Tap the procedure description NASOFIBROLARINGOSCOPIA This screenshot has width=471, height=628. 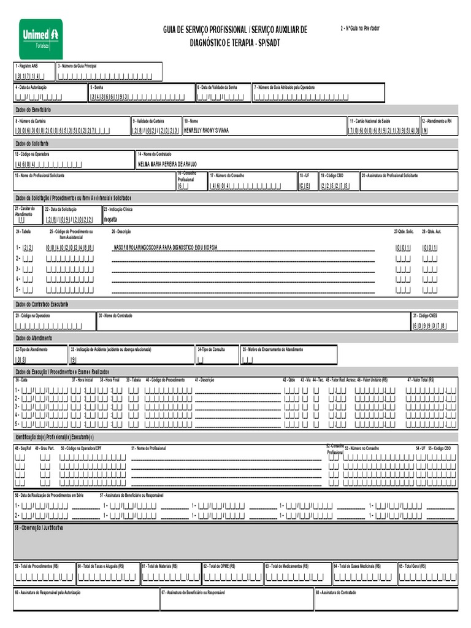click(x=166, y=248)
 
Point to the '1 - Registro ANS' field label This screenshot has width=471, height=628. click(x=26, y=66)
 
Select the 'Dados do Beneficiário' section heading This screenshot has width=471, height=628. click(x=33, y=109)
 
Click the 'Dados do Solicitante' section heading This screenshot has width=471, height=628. click(x=31, y=143)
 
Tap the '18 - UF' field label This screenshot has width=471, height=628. click(x=304, y=175)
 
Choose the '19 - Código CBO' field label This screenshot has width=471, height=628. click(x=332, y=175)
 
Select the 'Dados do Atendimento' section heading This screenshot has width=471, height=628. click(x=34, y=338)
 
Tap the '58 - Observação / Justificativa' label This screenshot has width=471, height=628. click(x=39, y=527)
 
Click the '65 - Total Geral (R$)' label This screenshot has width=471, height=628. click(x=415, y=566)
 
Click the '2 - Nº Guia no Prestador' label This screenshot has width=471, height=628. click(x=359, y=29)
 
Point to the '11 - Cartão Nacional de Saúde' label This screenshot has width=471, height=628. click(x=370, y=121)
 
